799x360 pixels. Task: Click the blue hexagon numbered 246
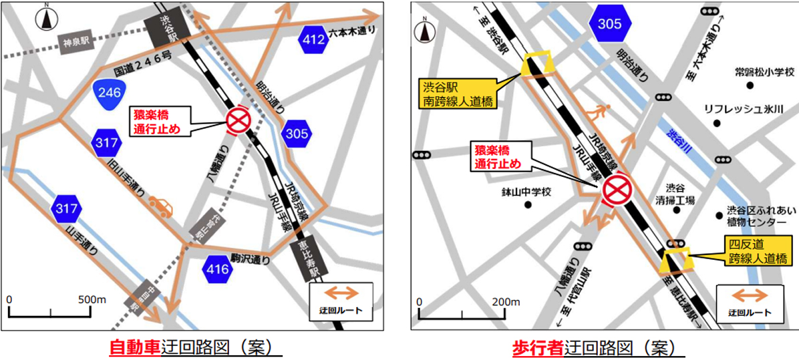[x=110, y=93]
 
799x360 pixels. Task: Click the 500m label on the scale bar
[x=92, y=300]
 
